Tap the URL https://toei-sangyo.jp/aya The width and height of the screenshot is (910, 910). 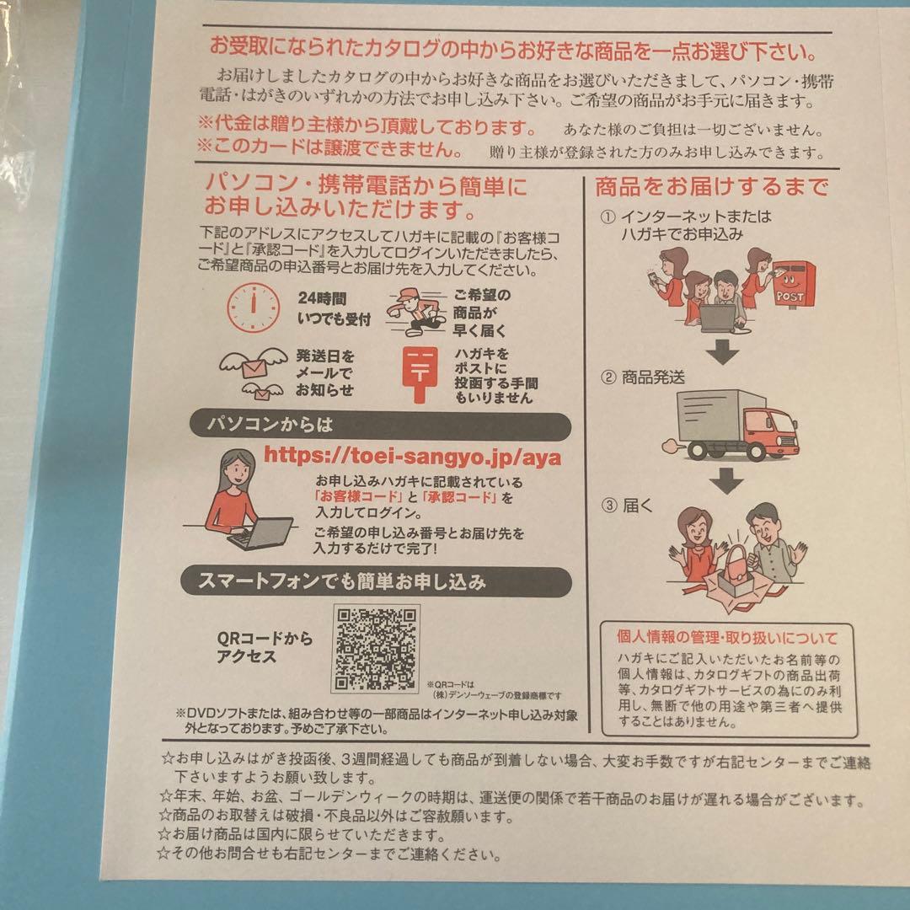point(412,456)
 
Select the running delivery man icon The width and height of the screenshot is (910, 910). point(414,311)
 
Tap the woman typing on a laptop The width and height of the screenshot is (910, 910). point(243,502)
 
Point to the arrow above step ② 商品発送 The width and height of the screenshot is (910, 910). point(723,351)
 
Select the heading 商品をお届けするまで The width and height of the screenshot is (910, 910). point(711,186)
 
